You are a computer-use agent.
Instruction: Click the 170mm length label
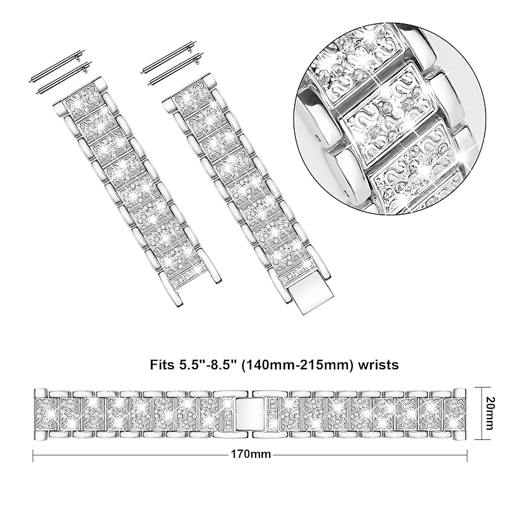pyautogui.click(x=251, y=454)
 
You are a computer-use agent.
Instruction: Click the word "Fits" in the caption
pyautogui.click(x=162, y=365)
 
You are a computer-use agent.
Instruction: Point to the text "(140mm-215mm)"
pyautogui.click(x=297, y=365)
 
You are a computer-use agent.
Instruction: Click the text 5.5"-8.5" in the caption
pyautogui.click(x=207, y=365)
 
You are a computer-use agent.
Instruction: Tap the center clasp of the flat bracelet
pyautogui.click(x=251, y=414)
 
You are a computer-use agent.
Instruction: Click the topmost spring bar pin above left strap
pyautogui.click(x=57, y=66)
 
